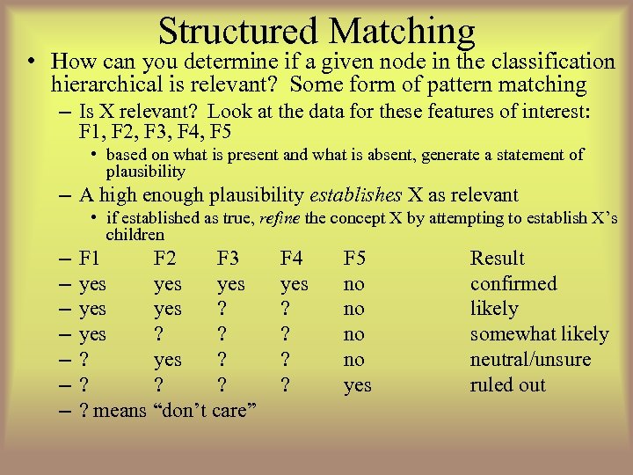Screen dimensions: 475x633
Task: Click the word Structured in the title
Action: pyautogui.click(x=238, y=31)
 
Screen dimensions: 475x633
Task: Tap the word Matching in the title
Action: pyautogui.click(x=403, y=31)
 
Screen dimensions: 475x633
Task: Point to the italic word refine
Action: pyautogui.click(x=277, y=218)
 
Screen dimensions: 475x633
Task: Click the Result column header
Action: pyautogui.click(x=497, y=259)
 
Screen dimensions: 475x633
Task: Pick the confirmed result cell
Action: pyautogui.click(x=513, y=284)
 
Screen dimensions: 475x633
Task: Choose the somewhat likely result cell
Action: pyautogui.click(x=539, y=334)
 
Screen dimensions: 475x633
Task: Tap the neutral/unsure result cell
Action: pyautogui.click(x=530, y=360)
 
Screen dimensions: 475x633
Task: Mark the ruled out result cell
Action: pyautogui.click(x=507, y=385)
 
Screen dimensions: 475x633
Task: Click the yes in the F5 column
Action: pyautogui.click(x=357, y=385)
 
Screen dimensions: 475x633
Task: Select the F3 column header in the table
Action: pyautogui.click(x=228, y=259)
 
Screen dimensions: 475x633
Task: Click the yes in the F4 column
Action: pyautogui.click(x=294, y=284)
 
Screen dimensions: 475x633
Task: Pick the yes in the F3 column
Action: pyautogui.click(x=230, y=284)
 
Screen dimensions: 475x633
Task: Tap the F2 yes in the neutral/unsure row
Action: pyautogui.click(x=167, y=360)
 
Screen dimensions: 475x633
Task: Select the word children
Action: pyautogui.click(x=135, y=235)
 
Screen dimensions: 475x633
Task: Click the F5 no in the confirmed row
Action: pyautogui.click(x=353, y=284)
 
